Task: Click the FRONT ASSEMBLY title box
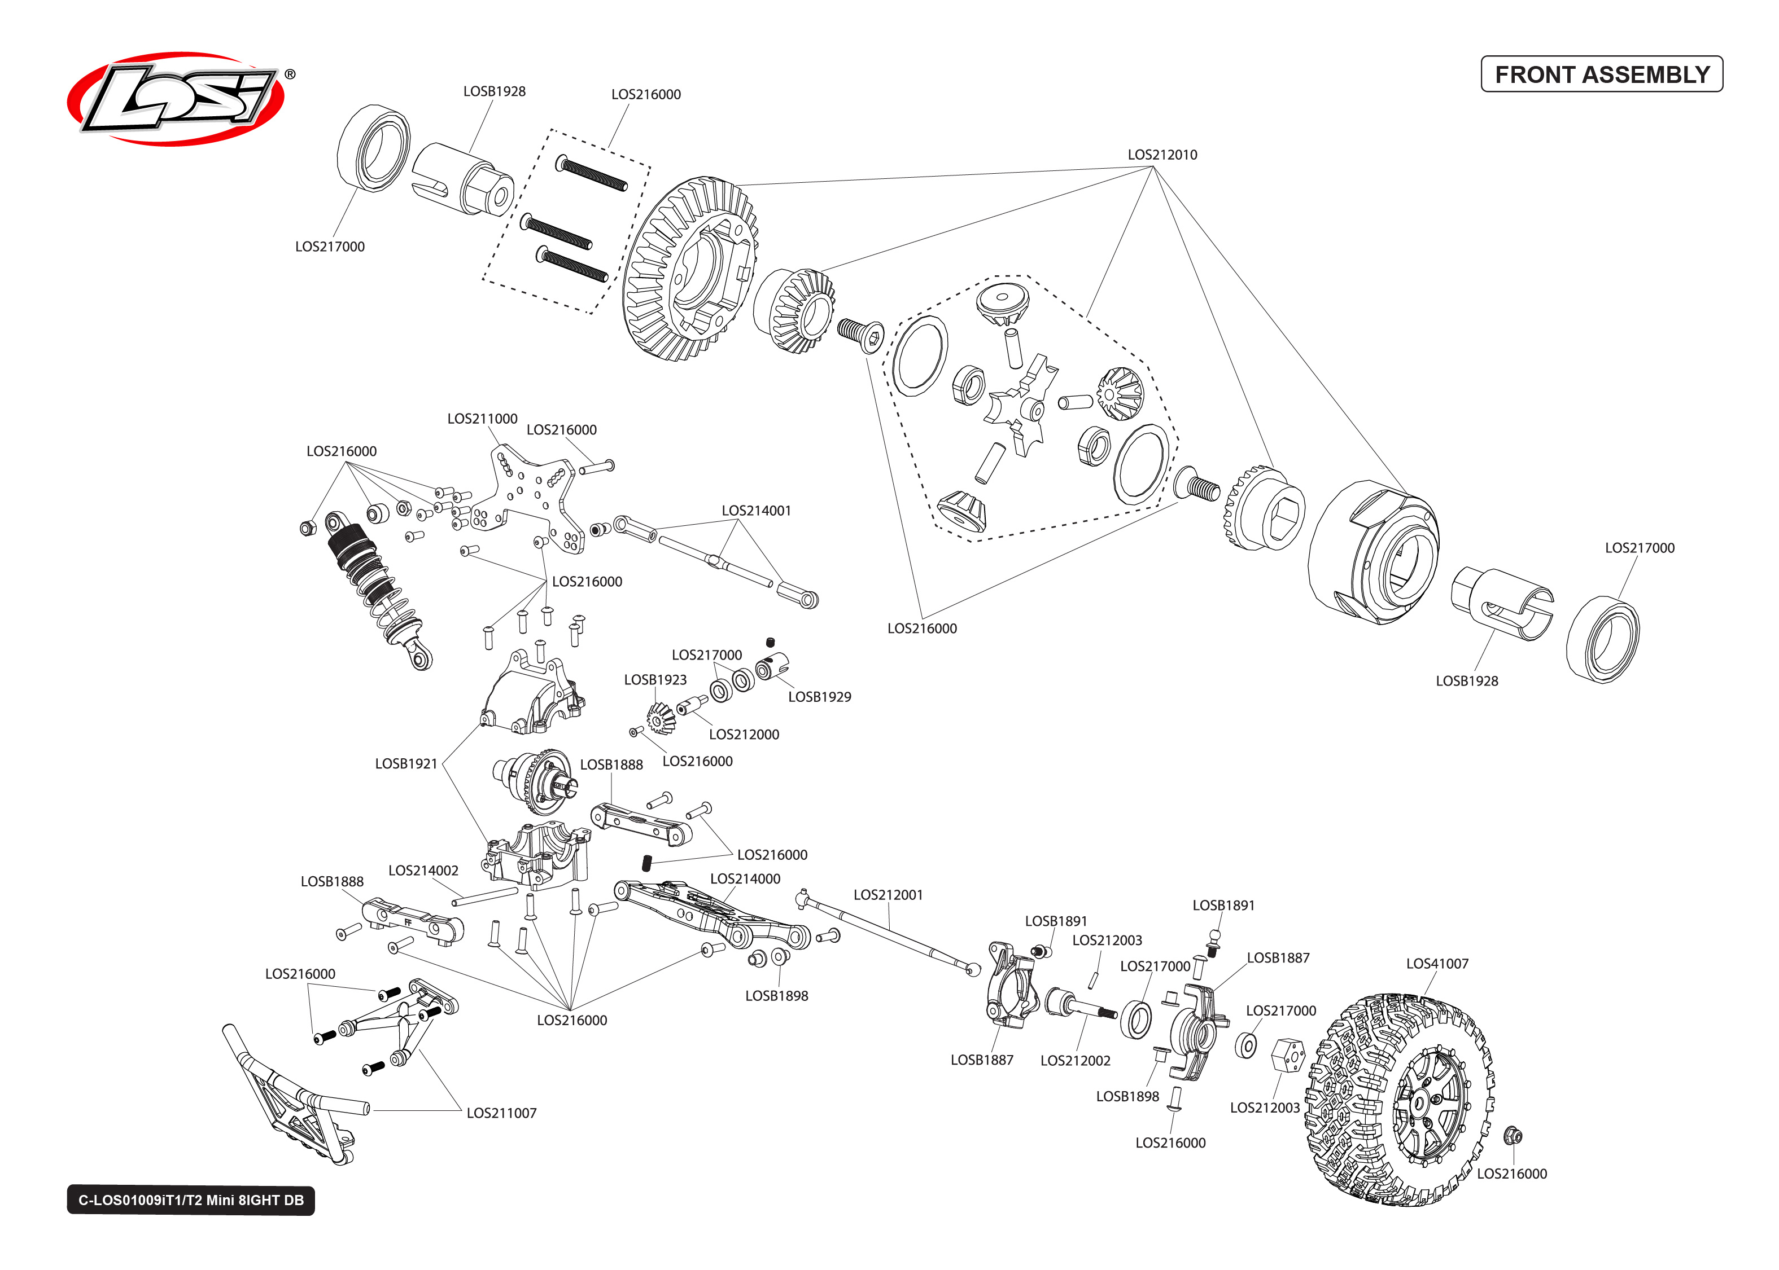click(x=1601, y=74)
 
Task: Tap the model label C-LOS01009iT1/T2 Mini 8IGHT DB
click(x=191, y=1199)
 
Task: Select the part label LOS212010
click(x=1162, y=155)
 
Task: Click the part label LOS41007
click(x=1436, y=964)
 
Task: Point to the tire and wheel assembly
click(x=1396, y=1098)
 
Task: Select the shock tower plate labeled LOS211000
click(x=532, y=500)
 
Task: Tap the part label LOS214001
click(x=756, y=511)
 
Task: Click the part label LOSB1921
click(x=405, y=763)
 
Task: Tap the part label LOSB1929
click(x=819, y=697)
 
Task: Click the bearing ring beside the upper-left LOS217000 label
click(x=373, y=148)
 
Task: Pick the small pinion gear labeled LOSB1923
click(x=661, y=717)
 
